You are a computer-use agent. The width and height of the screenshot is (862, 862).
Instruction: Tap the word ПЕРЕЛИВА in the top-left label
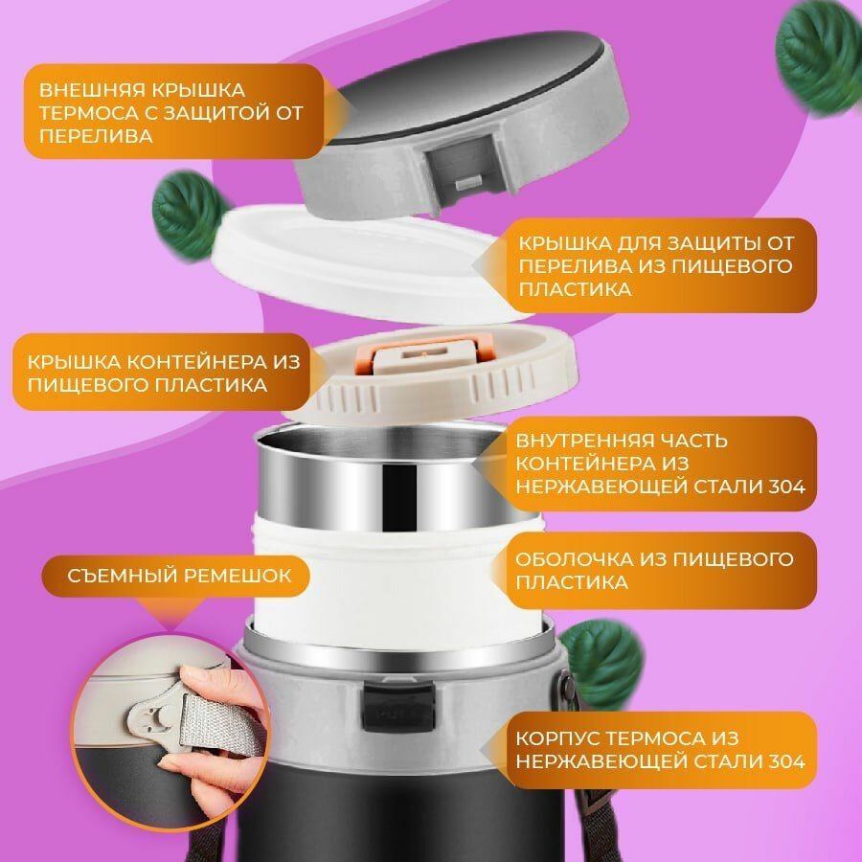(96, 136)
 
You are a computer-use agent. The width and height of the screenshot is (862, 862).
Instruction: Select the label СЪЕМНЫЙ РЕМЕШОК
(179, 576)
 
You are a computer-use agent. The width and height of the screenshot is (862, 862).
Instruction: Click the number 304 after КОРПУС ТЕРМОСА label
(785, 761)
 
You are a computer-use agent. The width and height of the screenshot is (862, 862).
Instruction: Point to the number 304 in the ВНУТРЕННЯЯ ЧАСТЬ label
(785, 487)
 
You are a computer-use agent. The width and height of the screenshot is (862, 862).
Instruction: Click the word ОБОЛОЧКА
(574, 559)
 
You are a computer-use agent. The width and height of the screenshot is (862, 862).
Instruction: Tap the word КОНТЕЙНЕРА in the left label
(202, 362)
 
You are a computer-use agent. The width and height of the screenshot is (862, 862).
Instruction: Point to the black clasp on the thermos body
(398, 707)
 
